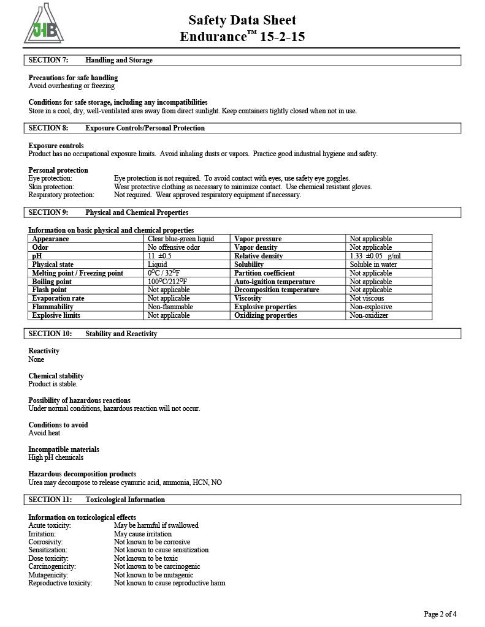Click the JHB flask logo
click(44, 26)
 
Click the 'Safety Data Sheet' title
click(242, 20)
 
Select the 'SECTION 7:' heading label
click(48, 60)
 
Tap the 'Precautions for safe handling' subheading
click(73, 78)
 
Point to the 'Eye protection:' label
click(50, 178)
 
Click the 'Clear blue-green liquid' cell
click(181, 239)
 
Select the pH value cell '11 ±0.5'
click(160, 256)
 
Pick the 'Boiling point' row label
click(52, 282)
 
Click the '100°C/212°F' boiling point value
click(167, 282)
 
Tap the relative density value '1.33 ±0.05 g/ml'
click(375, 256)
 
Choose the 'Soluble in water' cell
click(373, 265)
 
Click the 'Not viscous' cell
click(367, 298)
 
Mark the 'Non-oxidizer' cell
click(369, 315)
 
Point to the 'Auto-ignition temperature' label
click(275, 282)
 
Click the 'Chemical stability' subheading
click(56, 376)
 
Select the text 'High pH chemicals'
click(56, 457)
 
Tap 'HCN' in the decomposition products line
click(200, 482)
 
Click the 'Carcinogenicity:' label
click(52, 566)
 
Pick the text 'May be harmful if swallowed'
click(156, 525)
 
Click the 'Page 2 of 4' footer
click(440, 614)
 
